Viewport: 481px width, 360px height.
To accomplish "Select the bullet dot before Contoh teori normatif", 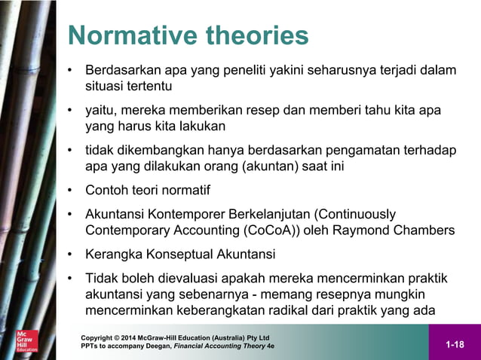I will click(70, 190).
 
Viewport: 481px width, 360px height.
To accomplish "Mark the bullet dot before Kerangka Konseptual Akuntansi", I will click(70, 253).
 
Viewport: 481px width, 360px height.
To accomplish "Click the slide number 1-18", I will click(454, 345).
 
